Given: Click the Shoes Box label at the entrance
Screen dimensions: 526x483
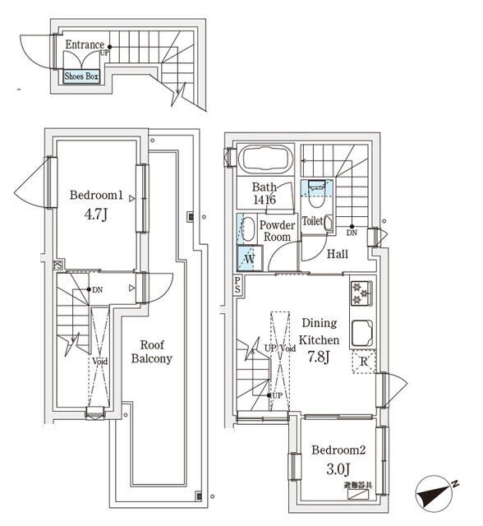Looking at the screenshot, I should (81, 76).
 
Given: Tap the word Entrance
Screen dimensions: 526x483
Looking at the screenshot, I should (85, 45).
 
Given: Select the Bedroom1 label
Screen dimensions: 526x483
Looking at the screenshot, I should (96, 196).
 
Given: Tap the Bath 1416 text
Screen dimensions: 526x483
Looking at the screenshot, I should (264, 193).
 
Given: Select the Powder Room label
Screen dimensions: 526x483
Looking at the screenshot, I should (276, 230).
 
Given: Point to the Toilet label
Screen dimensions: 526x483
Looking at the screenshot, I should (312, 221).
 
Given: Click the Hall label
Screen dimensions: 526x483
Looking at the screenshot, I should (337, 255).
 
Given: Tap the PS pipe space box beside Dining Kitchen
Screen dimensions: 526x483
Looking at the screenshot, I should (237, 285).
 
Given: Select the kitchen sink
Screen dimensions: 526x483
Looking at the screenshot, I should (361, 333).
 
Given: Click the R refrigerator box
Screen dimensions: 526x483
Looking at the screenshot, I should (363, 362).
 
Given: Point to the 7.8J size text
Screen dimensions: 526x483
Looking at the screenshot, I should (318, 357).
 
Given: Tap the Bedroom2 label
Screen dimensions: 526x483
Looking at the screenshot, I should (337, 450).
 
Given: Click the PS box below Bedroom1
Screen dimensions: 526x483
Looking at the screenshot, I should (57, 265).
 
